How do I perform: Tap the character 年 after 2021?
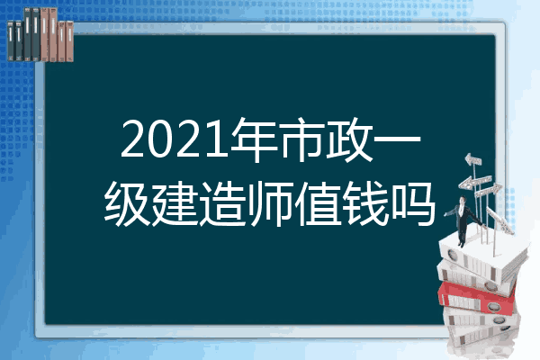click(x=254, y=139)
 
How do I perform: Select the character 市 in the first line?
click(x=301, y=139)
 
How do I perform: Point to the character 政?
click(x=349, y=139)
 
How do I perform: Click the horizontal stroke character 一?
click(x=397, y=139)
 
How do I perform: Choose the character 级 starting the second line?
click(x=128, y=204)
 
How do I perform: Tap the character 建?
click(x=175, y=204)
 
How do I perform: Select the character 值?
click(x=318, y=204)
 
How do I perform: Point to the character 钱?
click(x=365, y=204)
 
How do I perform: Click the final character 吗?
click(x=412, y=204)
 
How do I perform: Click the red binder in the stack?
click(x=476, y=297)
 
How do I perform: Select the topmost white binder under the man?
click(x=482, y=255)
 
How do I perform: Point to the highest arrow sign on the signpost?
click(x=473, y=160)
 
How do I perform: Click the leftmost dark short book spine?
click(x=11, y=41)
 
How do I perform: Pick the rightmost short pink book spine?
click(x=69, y=41)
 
